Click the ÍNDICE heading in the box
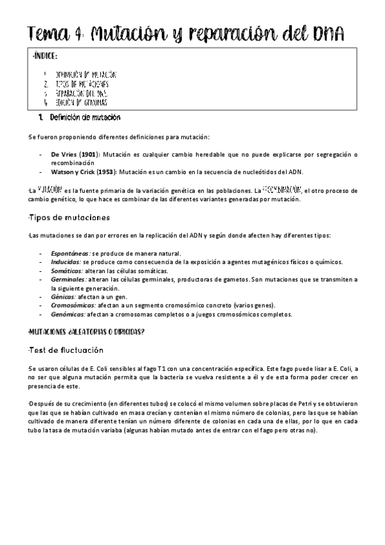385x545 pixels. tap(44, 57)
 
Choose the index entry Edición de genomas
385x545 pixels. tap(81, 102)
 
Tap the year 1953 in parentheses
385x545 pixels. tap(109, 172)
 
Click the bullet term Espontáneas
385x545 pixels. tap(71, 253)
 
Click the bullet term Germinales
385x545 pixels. tap(68, 280)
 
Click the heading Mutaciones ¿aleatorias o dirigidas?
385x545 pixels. tap(86, 332)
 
